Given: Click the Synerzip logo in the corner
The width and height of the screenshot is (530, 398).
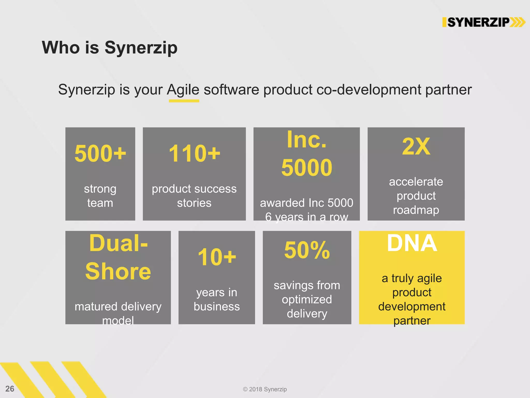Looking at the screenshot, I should pyautogui.click(x=483, y=22).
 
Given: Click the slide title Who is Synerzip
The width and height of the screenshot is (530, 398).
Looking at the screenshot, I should pyautogui.click(x=109, y=48).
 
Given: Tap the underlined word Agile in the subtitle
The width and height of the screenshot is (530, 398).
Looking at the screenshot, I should pyautogui.click(x=183, y=90).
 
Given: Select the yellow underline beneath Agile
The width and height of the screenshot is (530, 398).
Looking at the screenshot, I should pyautogui.click(x=184, y=101).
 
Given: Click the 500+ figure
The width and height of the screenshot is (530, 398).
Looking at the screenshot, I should pyautogui.click(x=100, y=153).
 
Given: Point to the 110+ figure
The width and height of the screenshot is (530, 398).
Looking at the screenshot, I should pyautogui.click(x=194, y=153).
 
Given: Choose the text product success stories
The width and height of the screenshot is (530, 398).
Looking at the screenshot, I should pyautogui.click(x=194, y=196).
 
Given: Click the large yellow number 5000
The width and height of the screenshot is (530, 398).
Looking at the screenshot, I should pyautogui.click(x=307, y=168).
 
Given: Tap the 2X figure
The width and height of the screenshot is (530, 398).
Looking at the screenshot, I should pyautogui.click(x=416, y=146).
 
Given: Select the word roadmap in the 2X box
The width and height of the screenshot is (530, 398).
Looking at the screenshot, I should pyautogui.click(x=416, y=210).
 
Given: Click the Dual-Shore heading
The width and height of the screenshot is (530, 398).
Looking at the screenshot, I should pyautogui.click(x=118, y=257).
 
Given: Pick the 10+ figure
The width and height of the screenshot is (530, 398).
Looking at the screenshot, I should pyautogui.click(x=217, y=257).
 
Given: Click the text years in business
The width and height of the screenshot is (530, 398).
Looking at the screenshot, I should pyautogui.click(x=217, y=299).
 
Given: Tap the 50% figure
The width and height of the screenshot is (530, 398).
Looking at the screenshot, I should pyautogui.click(x=307, y=250).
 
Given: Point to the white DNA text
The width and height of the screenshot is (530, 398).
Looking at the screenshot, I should pyautogui.click(x=412, y=243).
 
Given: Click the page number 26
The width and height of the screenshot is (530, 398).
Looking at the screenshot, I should pyautogui.click(x=10, y=389).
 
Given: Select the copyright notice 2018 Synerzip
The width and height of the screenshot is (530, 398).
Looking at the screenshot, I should pyautogui.click(x=265, y=389).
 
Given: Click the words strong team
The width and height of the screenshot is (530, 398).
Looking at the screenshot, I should pyautogui.click(x=100, y=196).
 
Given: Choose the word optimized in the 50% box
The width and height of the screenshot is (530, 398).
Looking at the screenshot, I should pyautogui.click(x=307, y=300).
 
